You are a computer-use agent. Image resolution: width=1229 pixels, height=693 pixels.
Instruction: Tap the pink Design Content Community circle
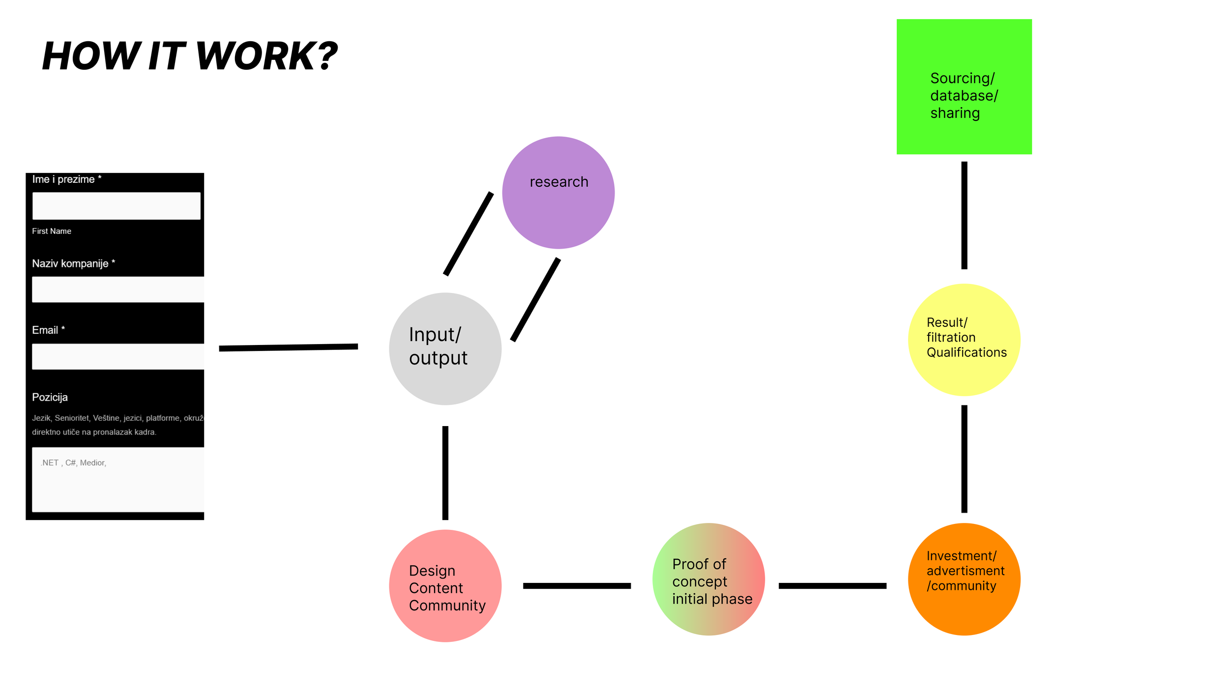(x=445, y=585)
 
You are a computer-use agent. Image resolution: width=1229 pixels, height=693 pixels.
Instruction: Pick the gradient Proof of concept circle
(x=708, y=579)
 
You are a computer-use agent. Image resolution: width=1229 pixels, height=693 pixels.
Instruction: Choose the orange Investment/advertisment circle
(x=964, y=579)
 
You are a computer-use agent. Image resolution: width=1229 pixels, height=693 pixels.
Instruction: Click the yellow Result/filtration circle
(x=964, y=340)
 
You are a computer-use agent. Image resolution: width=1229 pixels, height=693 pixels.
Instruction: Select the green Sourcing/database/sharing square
(x=964, y=87)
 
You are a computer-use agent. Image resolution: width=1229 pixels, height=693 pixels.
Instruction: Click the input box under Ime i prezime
(x=116, y=205)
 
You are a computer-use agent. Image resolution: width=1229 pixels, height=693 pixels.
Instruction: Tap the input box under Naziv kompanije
(x=117, y=289)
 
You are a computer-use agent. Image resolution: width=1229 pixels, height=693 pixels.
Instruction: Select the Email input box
(x=117, y=356)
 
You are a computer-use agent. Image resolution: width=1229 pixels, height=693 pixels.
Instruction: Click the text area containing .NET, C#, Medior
(x=117, y=479)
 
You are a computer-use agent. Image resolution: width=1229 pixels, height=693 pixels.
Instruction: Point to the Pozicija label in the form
(x=50, y=397)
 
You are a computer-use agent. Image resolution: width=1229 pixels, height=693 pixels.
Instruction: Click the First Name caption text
(x=52, y=231)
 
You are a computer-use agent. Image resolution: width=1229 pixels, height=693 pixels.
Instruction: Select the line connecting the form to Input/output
(x=288, y=347)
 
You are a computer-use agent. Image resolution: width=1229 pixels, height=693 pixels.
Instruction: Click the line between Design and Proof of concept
(x=577, y=585)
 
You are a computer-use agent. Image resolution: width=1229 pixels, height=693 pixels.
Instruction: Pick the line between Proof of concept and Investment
(x=832, y=585)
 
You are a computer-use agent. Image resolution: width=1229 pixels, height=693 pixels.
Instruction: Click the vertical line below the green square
(x=964, y=215)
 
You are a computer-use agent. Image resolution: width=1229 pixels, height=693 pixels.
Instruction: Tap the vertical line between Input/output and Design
(x=445, y=473)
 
